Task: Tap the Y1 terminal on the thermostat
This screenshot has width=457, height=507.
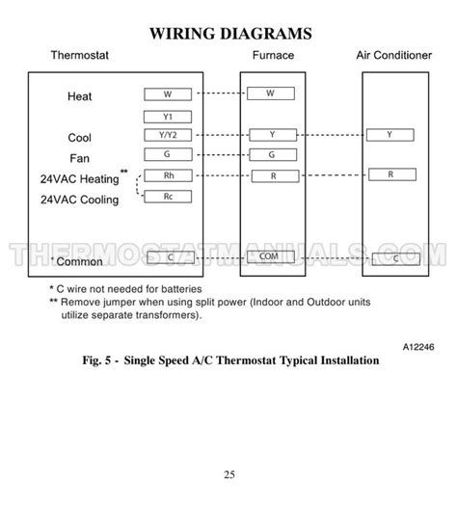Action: click(x=168, y=116)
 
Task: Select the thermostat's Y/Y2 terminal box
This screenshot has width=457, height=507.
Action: click(x=168, y=135)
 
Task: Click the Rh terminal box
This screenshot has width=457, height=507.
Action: click(x=168, y=175)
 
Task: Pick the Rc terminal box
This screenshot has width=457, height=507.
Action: click(x=168, y=196)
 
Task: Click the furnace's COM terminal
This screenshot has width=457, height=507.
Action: click(x=269, y=256)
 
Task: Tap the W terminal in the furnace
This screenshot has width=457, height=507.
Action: click(x=269, y=93)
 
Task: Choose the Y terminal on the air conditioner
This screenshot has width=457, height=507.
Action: click(x=390, y=135)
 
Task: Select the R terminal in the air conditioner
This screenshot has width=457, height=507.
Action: click(x=390, y=174)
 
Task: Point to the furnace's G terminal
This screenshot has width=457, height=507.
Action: click(x=269, y=154)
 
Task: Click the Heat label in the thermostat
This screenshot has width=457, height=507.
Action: click(x=80, y=96)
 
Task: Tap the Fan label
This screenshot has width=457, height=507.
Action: click(x=79, y=157)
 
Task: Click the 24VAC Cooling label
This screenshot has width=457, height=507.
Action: click(x=79, y=200)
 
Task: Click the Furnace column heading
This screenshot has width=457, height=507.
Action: click(x=273, y=56)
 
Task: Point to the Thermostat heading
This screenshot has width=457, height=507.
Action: click(x=80, y=56)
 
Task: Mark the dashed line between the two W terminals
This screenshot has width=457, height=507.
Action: click(x=219, y=93)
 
